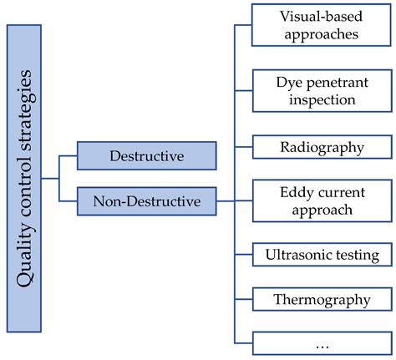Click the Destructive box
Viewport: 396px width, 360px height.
click(146, 156)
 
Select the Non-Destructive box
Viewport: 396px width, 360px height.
click(146, 200)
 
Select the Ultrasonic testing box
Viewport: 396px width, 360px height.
click(321, 255)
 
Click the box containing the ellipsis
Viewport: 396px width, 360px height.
click(321, 342)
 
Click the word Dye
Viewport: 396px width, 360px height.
click(288, 82)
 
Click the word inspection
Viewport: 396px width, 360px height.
click(321, 99)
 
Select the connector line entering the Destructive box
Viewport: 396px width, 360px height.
click(69, 156)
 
